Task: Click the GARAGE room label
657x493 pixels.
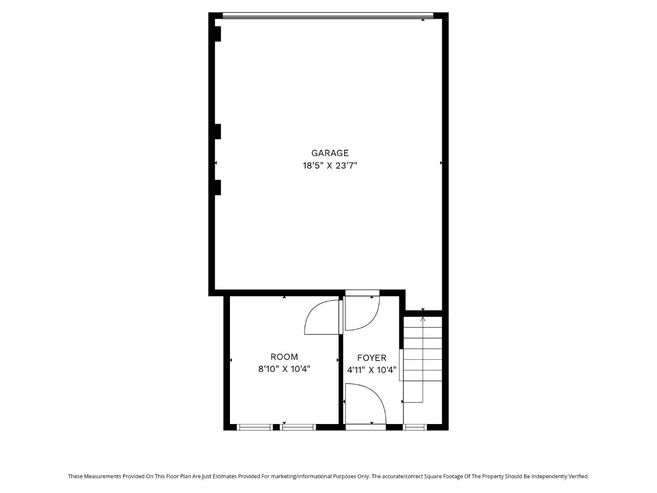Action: [330, 153]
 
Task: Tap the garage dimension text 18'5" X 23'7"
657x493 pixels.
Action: [330, 166]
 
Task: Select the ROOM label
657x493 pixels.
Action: [284, 357]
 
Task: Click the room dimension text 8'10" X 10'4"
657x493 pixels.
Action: [284, 369]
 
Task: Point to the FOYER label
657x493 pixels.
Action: [372, 358]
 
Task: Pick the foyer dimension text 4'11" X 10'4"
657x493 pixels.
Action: [372, 370]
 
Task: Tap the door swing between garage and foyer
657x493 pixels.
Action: [362, 313]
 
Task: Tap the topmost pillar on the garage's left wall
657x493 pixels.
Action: [218, 34]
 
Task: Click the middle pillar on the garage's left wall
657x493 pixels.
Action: [218, 131]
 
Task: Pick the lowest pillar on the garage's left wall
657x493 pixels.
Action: [218, 187]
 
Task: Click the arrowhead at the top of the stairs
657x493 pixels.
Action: [423, 319]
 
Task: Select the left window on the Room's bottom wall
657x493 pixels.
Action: [255, 427]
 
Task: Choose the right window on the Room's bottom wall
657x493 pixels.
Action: [298, 427]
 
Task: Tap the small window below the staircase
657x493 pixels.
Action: [415, 427]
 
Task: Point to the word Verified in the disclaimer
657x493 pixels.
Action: [577, 476]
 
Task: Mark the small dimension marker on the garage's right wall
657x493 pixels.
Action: [441, 163]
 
